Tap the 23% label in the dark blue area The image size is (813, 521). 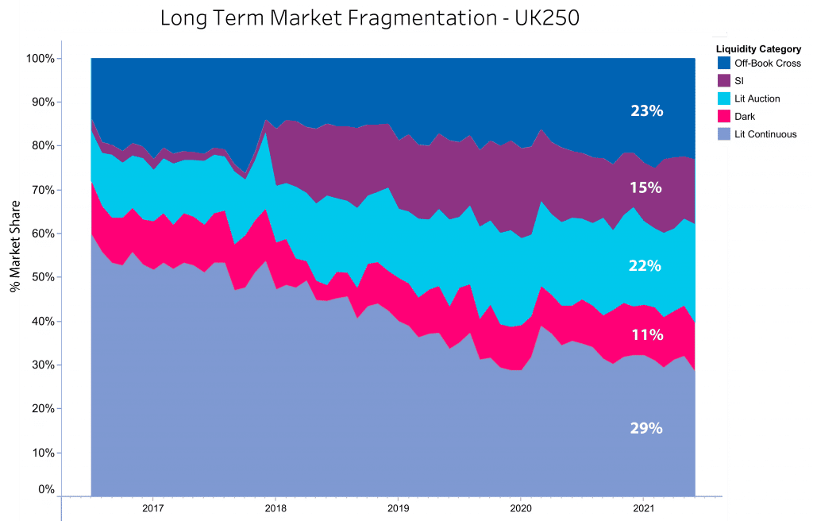coord(646,111)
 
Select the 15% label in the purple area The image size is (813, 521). coord(646,188)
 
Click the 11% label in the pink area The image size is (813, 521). coord(646,334)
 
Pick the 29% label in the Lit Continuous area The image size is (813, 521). coord(646,428)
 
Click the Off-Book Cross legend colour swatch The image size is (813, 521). coord(724,64)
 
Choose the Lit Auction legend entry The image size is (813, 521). coord(758,98)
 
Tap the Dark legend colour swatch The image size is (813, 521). coord(724,117)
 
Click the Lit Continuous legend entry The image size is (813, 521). coord(766,134)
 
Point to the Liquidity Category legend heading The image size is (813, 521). coord(758,49)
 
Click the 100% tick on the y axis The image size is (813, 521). coord(40,59)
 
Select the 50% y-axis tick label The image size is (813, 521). coord(43,277)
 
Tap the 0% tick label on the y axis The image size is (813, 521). coord(46,490)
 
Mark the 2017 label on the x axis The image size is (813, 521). coord(153,507)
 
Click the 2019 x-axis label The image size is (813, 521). coord(398,507)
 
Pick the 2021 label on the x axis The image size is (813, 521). coord(643,507)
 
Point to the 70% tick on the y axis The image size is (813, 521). coord(43,190)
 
